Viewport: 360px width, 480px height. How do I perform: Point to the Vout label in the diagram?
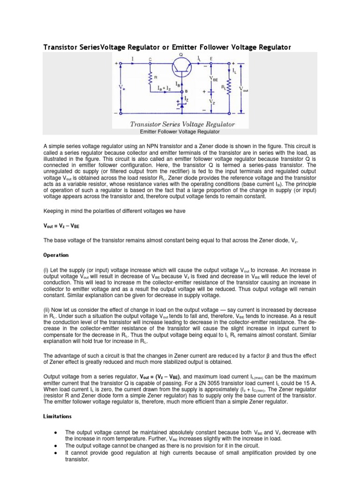click(244, 89)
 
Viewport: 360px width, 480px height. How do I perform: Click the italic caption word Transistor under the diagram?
click(149, 125)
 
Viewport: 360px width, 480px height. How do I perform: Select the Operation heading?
click(56, 255)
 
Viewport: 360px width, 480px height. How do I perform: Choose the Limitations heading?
click(57, 416)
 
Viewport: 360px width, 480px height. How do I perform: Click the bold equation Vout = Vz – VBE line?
click(61, 225)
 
